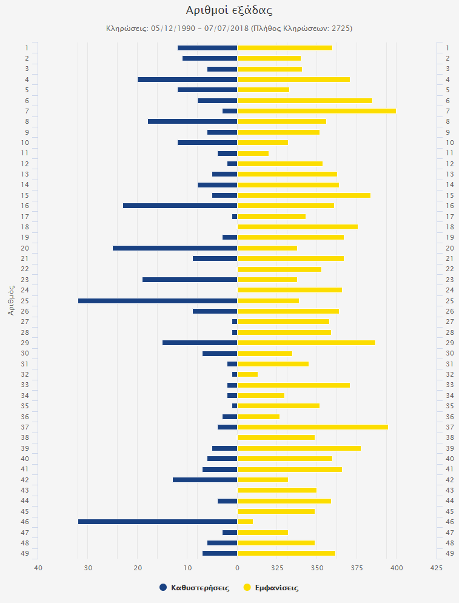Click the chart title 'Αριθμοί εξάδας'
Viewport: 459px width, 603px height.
[229, 10]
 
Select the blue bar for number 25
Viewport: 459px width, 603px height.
[158, 301]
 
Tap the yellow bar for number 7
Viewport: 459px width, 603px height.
[316, 111]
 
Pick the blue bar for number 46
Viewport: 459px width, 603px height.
[158, 522]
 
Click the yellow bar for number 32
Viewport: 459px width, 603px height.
[247, 374]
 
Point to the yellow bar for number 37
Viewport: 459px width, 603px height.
[312, 427]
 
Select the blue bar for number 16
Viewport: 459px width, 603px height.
[180, 206]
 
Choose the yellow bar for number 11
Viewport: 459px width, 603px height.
[253, 153]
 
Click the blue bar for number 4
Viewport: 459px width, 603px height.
[187, 79]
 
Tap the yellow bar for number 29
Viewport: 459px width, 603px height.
[306, 343]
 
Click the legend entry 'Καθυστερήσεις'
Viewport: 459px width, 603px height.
[194, 588]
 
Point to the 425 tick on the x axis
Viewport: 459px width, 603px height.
[436, 568]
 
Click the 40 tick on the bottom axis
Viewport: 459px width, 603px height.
[38, 568]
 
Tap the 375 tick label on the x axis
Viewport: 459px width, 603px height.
[357, 568]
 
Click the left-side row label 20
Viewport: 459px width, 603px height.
[25, 248]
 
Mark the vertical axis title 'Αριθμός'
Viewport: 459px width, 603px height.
[11, 300]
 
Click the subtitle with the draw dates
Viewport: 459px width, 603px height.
[229, 29]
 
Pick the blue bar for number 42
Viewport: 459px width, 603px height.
[205, 480]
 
